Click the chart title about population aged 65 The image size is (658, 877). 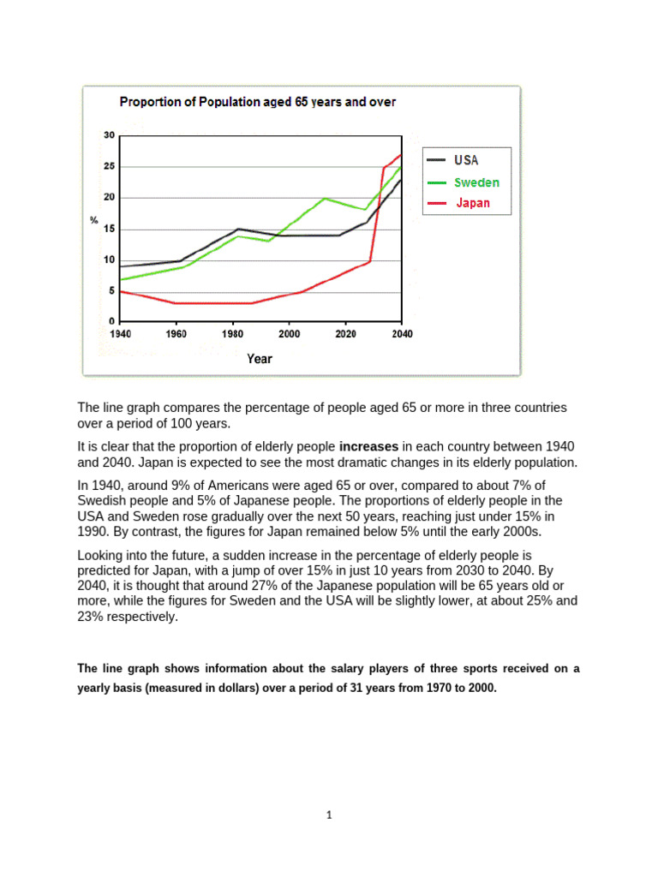(257, 102)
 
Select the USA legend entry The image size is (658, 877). (466, 160)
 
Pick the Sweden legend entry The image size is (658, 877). (476, 182)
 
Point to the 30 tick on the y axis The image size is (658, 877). (109, 135)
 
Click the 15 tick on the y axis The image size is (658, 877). (109, 230)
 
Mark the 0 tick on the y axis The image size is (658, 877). (111, 323)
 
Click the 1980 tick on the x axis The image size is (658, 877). (232, 334)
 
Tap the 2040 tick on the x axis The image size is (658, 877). (401, 334)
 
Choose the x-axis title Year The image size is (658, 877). (259, 359)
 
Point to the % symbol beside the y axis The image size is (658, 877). (94, 221)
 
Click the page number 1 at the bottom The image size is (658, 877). (328, 814)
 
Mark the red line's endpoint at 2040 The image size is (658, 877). (401, 155)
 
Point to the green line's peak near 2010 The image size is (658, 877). (324, 199)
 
